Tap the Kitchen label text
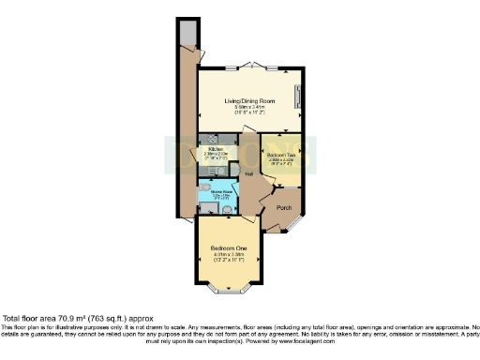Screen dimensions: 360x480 214,149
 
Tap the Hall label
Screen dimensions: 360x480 250,175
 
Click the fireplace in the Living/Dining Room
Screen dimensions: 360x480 298,97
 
